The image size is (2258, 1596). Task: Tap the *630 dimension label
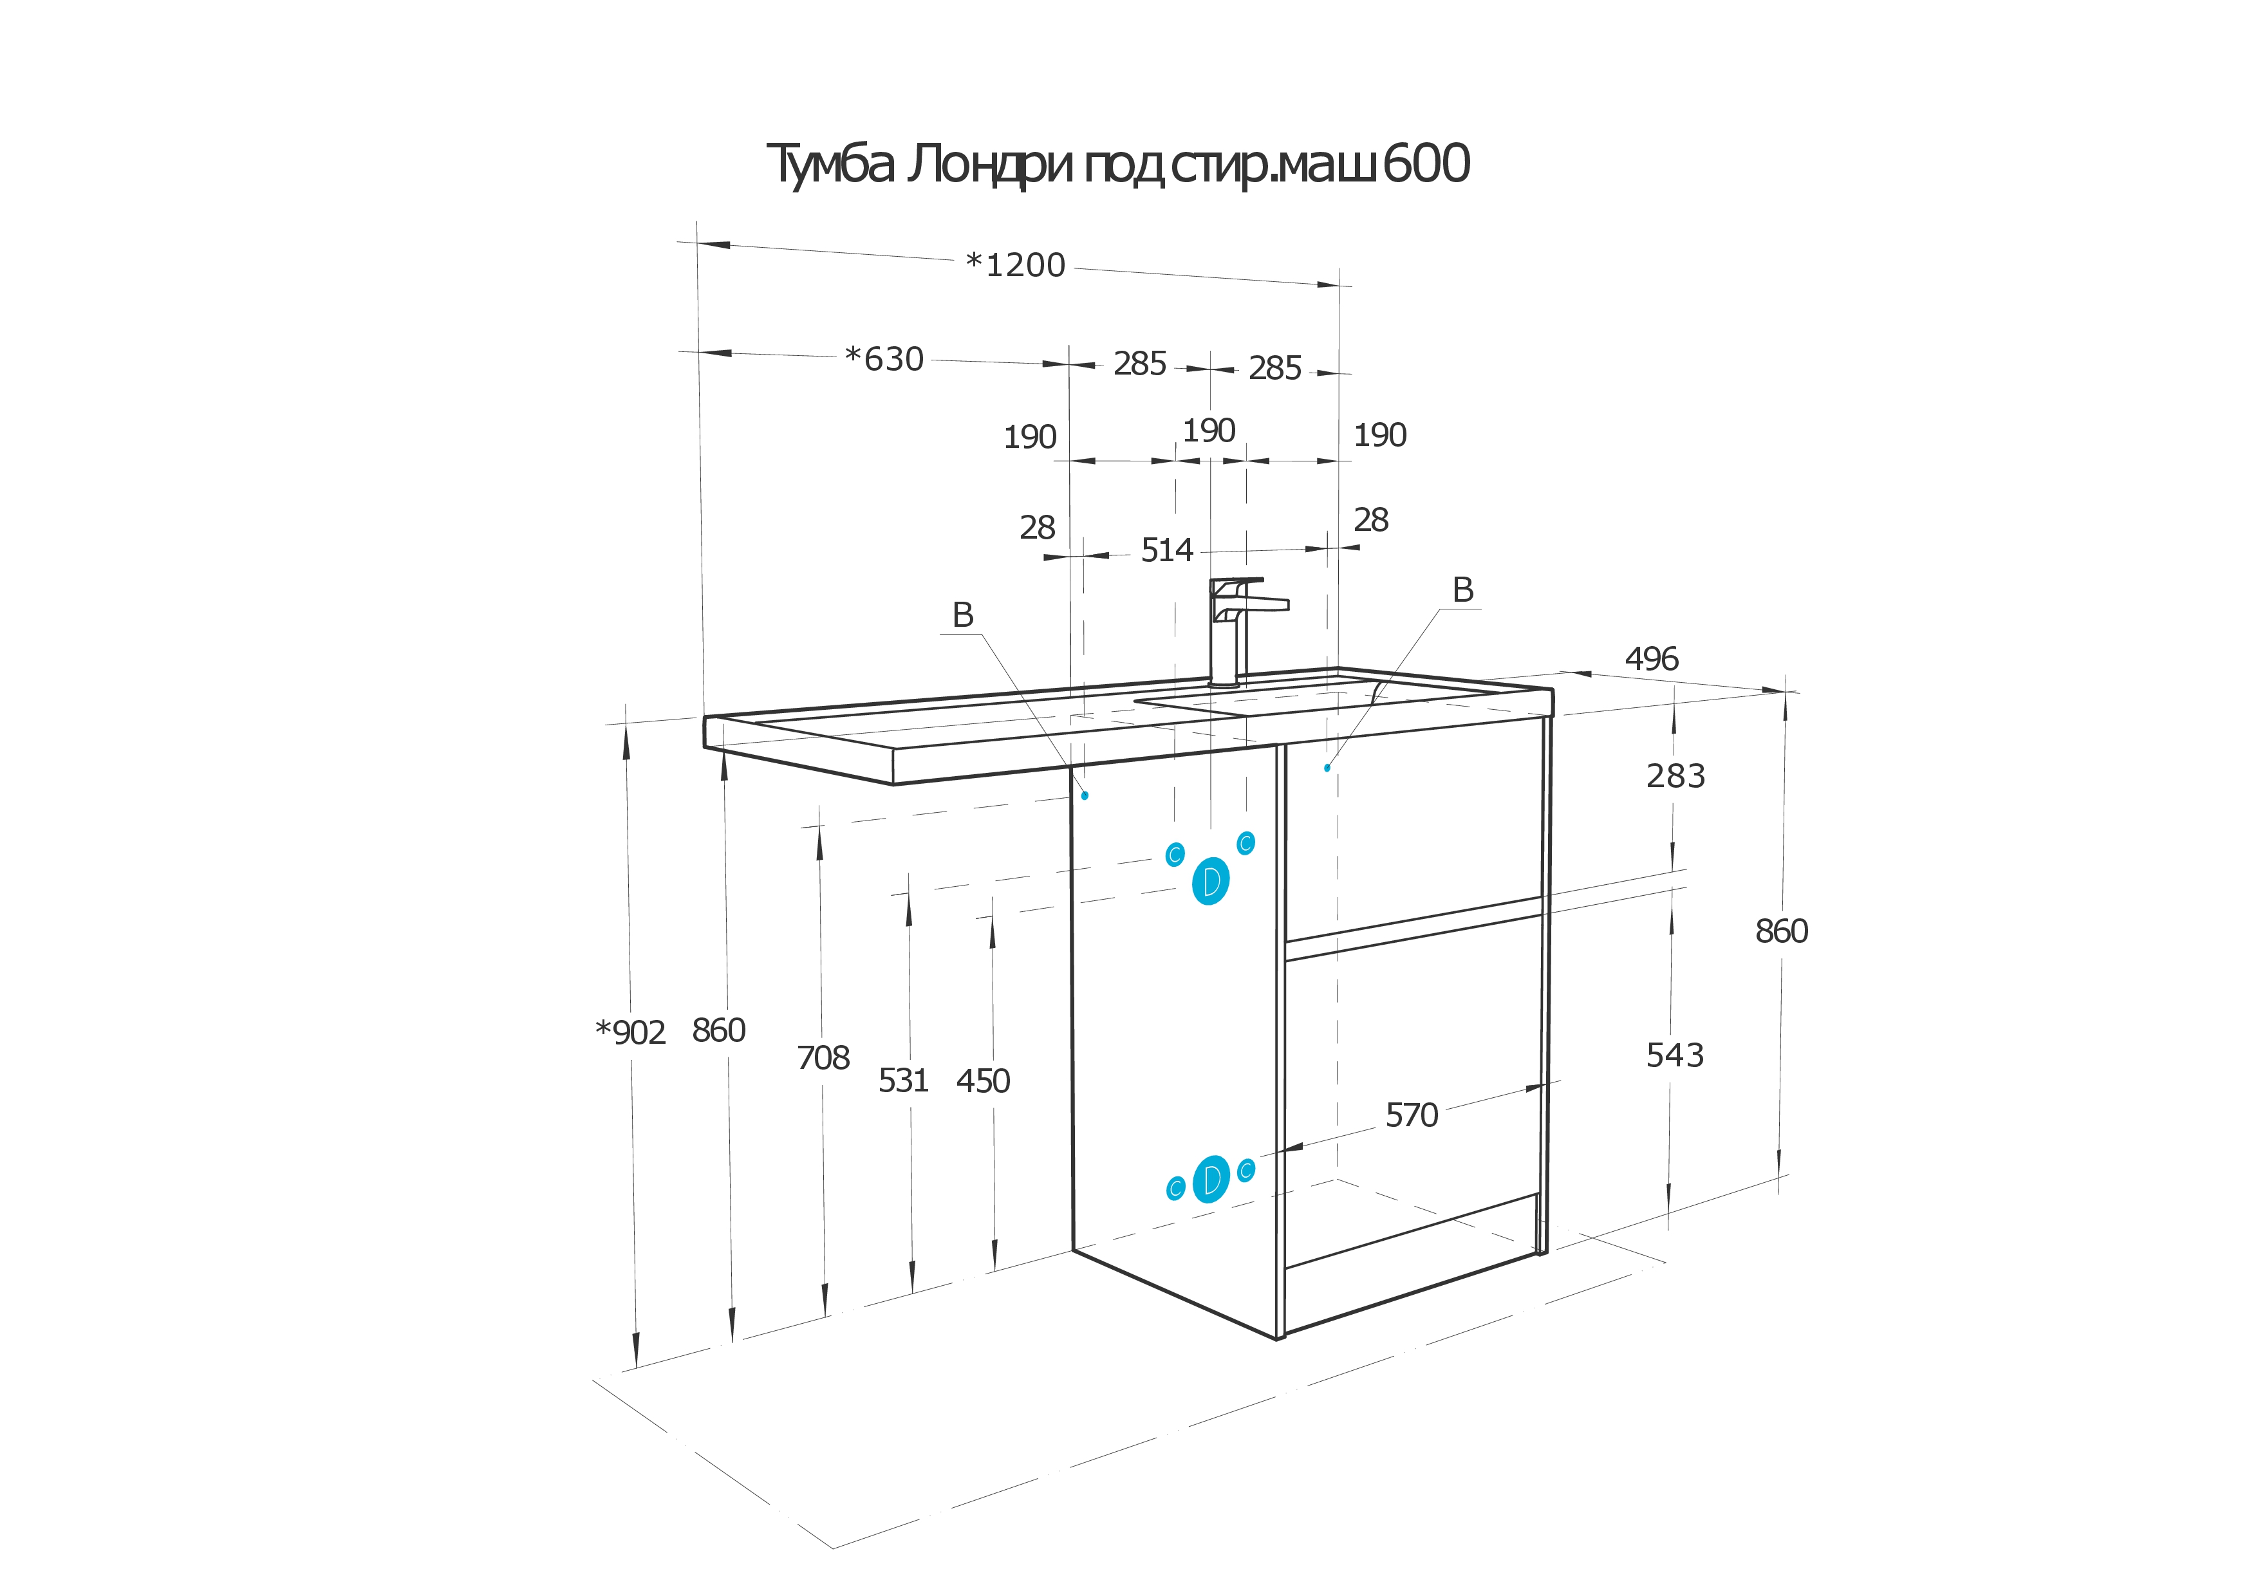(x=884, y=359)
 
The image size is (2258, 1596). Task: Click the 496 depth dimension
(x=1651, y=659)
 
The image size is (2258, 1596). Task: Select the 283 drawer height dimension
(x=1675, y=777)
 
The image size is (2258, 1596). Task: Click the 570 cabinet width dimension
(x=1411, y=1115)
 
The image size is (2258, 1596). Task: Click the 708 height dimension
(x=823, y=1058)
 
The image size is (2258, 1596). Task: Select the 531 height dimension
(x=903, y=1081)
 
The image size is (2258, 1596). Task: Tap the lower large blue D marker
(x=1211, y=1179)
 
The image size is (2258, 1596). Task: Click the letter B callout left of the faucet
(x=963, y=616)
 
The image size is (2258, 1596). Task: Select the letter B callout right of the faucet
(x=1462, y=590)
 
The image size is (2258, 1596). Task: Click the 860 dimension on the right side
(x=1781, y=931)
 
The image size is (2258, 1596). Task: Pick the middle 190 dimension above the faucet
(x=1209, y=431)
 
